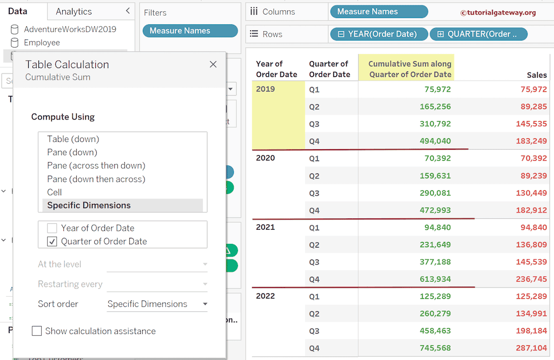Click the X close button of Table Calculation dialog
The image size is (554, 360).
click(213, 64)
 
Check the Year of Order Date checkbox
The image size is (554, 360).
click(52, 228)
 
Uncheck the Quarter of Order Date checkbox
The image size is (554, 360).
click(52, 242)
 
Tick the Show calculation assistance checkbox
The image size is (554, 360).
click(37, 331)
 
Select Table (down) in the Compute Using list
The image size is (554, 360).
click(73, 139)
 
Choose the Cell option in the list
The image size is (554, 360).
click(55, 192)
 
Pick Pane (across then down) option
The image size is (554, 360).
click(96, 165)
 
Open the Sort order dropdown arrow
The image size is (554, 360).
click(205, 304)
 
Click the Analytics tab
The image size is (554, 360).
click(74, 11)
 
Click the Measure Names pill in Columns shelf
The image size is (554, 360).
click(378, 11)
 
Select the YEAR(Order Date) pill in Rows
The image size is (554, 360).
click(379, 34)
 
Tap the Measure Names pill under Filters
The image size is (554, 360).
click(190, 31)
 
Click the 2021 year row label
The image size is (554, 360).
click(265, 227)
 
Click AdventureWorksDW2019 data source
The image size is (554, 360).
click(70, 29)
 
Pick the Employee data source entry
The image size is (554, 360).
click(42, 43)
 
